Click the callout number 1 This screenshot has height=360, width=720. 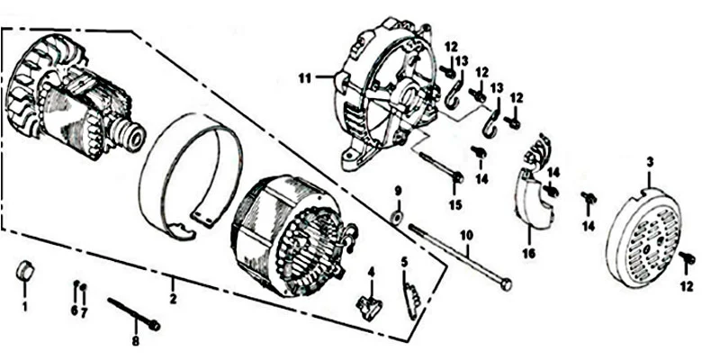point(25,306)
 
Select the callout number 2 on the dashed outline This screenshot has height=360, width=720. point(173,299)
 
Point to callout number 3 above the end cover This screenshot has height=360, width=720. point(650,162)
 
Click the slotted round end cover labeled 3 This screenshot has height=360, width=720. point(643,238)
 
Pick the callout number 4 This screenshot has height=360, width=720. point(371,273)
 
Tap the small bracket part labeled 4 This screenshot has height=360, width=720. point(369,307)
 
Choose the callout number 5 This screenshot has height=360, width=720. point(404,263)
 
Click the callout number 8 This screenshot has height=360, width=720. point(136,342)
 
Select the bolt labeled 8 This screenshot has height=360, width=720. point(134,314)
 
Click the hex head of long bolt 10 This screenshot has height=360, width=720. point(506,284)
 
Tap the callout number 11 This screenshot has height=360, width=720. point(304,78)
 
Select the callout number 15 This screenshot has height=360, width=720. point(455,205)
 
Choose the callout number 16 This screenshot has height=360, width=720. point(529,254)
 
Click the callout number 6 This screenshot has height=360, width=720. point(75,310)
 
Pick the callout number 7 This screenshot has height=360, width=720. point(84,313)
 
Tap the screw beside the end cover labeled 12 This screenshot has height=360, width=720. point(688,259)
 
